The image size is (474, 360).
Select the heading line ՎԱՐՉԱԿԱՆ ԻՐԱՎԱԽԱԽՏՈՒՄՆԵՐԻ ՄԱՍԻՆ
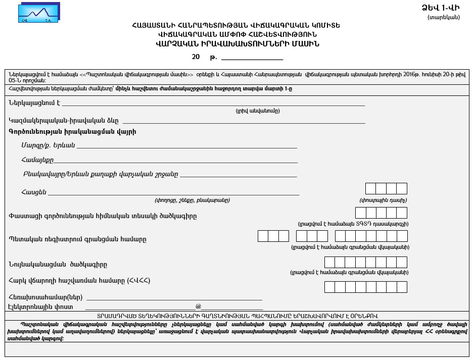[x=238, y=43]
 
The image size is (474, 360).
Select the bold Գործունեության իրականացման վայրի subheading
[x=72, y=132]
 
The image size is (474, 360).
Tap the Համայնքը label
[x=37, y=160]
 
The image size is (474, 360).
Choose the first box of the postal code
[x=370, y=189]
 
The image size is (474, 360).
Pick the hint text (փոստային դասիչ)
[x=383, y=200]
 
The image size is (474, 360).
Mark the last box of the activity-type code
[x=402, y=213]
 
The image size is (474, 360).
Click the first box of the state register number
[x=263, y=236]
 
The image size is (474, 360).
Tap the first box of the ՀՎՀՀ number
[x=329, y=287]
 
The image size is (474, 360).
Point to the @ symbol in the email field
[x=198, y=306]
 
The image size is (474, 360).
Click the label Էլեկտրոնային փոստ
[x=41, y=306]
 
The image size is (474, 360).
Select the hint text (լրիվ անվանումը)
[x=257, y=111]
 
